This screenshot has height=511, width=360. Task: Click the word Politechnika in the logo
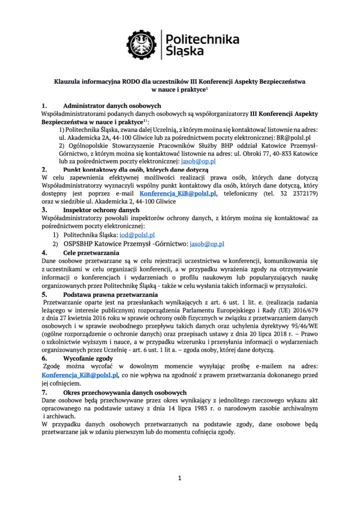pyautogui.click(x=202, y=39)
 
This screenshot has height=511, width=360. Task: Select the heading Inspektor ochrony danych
pyautogui.click(x=97, y=210)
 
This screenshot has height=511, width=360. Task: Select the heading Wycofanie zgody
pyautogui.click(x=88, y=358)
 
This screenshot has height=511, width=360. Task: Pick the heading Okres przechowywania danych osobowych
pyautogui.click(x=125, y=392)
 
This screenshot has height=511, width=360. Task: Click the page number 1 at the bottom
pyautogui.click(x=180, y=478)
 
